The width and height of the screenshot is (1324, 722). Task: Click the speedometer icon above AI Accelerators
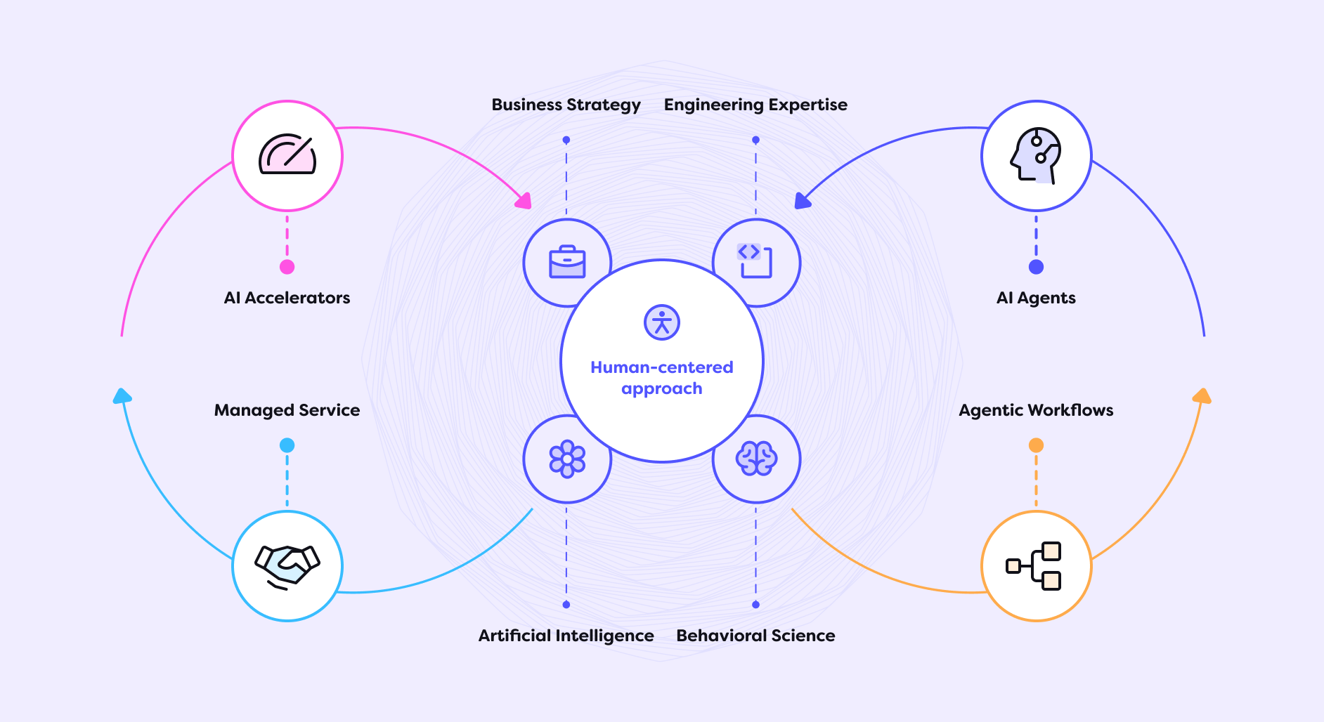pos(287,155)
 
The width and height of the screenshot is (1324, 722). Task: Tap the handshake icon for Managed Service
pos(287,565)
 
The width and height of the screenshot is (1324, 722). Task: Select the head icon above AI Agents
pos(1036,155)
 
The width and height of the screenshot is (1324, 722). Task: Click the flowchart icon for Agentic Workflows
pos(1036,565)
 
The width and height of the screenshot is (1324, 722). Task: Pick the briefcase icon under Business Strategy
pos(567,263)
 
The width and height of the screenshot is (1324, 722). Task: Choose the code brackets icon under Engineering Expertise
pos(755,261)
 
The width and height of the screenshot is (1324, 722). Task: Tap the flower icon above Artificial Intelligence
pos(567,459)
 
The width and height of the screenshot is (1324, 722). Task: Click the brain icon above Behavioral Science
pos(756,459)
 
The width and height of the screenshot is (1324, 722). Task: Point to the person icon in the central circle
pos(662,322)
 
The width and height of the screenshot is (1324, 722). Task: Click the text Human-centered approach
pos(662,378)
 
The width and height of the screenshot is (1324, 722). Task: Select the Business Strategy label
pos(566,105)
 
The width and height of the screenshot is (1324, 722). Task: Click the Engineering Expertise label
pos(755,105)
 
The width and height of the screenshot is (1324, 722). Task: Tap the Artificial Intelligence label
pos(566,636)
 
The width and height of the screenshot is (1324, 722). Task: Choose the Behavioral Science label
pos(755,636)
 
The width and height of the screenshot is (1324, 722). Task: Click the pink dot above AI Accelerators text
pos(287,267)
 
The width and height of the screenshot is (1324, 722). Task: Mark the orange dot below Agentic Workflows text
pos(1036,445)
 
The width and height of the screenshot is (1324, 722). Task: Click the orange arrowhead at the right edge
pos(1202,396)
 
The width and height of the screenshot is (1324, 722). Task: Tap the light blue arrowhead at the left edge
pos(122,396)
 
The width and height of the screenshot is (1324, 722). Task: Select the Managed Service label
pos(287,410)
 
